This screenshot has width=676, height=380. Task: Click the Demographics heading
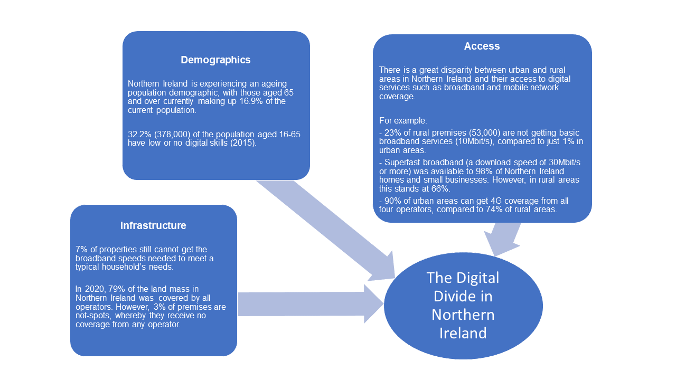pos(215,60)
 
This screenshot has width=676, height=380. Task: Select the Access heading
pos(482,46)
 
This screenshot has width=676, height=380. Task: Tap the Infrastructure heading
pos(153,225)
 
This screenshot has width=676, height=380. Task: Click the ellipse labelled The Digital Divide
pos(463,306)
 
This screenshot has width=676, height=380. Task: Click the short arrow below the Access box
pos(502,239)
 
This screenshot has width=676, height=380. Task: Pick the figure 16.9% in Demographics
pos(251,101)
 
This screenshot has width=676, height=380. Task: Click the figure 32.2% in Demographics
pos(139,134)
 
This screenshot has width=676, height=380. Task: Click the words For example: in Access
pos(403,121)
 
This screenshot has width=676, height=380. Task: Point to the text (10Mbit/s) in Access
pos(474,141)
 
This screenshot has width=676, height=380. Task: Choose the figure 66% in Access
pos(441,189)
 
